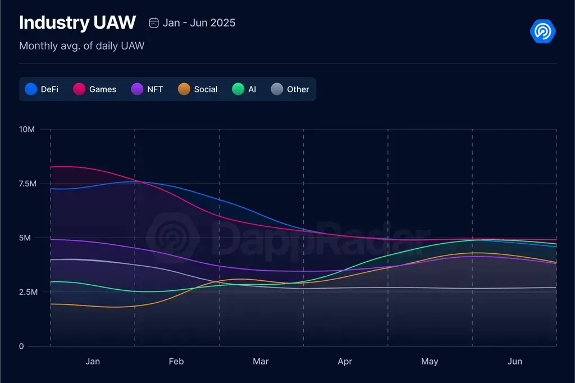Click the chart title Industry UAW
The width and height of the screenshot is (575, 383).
pos(77,22)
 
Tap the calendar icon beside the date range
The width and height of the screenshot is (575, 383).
pos(153,23)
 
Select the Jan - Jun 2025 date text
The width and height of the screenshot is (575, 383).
pos(199,23)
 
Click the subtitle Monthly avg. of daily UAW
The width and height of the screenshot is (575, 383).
pos(81,46)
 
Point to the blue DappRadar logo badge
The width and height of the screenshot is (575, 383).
pos(542,31)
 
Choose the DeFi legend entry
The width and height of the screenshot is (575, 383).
pos(42,89)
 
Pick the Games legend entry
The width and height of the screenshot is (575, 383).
pos(95,89)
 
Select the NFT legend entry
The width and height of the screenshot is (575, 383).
pos(147,89)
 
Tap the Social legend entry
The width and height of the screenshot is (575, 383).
pos(198,89)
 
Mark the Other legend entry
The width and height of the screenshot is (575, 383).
pos(290,89)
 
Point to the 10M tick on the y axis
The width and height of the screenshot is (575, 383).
pos(27,130)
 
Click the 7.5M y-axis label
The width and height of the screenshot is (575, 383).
pos(27,184)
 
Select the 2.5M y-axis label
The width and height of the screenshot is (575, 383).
pos(27,292)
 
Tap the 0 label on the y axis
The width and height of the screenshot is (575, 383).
pos(21,346)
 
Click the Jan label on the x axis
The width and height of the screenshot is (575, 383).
pos(93,362)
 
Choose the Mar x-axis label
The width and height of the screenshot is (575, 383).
pos(261,362)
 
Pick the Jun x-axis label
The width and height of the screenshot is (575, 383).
pos(514,362)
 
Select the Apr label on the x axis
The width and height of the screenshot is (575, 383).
pos(345,362)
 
